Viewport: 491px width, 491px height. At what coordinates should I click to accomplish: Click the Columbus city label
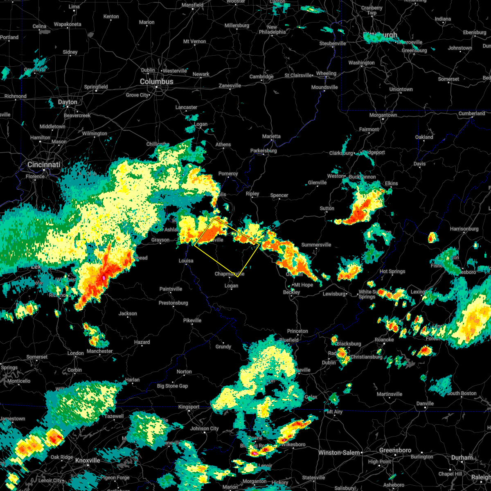pyautogui.click(x=157, y=82)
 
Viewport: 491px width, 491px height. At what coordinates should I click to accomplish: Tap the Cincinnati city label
pyautogui.click(x=44, y=164)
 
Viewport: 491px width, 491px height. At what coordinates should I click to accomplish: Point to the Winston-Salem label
pyautogui.click(x=340, y=453)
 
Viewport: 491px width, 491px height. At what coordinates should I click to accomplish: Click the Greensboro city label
pyautogui.click(x=395, y=450)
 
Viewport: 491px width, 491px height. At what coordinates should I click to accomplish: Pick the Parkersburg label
pyautogui.click(x=264, y=151)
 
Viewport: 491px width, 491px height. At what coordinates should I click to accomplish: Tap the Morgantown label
pyautogui.click(x=383, y=115)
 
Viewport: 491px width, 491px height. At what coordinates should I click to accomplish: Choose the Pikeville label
pyautogui.click(x=192, y=320)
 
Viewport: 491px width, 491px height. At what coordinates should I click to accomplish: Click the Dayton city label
pyautogui.click(x=68, y=102)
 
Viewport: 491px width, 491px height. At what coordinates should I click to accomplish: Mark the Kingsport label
pyautogui.click(x=189, y=407)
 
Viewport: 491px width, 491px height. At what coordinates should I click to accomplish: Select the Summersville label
pyautogui.click(x=316, y=245)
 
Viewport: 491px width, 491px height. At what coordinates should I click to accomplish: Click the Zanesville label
pyautogui.click(x=230, y=86)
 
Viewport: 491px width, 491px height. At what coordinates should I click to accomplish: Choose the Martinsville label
pyautogui.click(x=389, y=394)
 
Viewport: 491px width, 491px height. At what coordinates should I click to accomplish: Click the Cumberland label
pyautogui.click(x=471, y=113)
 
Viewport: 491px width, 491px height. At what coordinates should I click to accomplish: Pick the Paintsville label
pyautogui.click(x=171, y=289)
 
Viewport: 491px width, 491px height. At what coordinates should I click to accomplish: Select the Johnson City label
pyautogui.click(x=205, y=428)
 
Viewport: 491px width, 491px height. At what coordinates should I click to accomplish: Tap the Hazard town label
pyautogui.click(x=142, y=342)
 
